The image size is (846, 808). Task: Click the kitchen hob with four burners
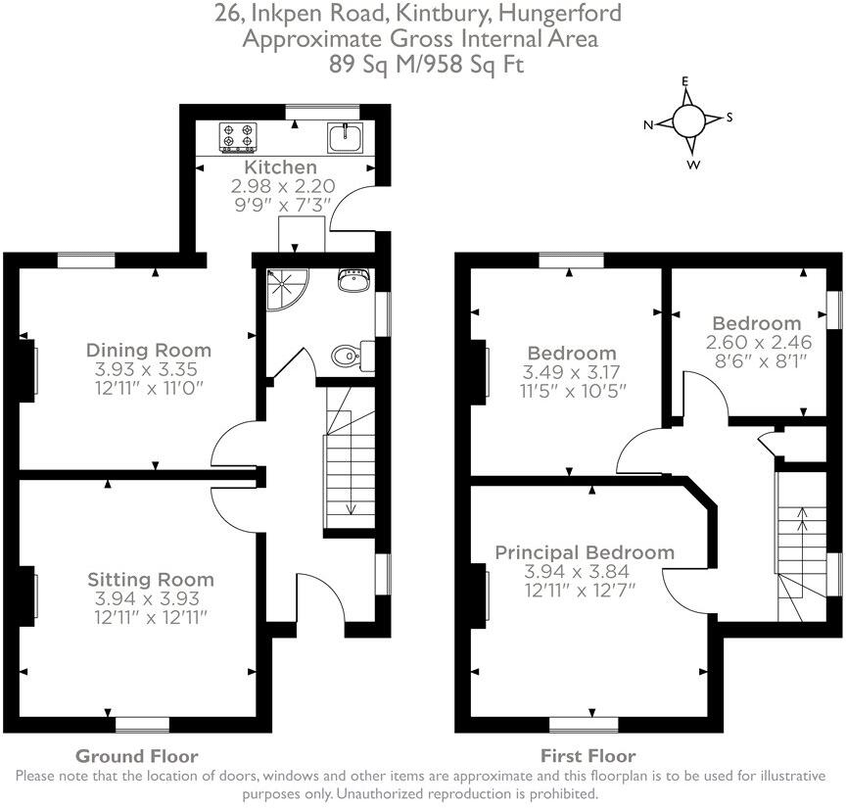(x=237, y=138)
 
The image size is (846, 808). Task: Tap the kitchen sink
(x=346, y=138)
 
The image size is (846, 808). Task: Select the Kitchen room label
(x=280, y=167)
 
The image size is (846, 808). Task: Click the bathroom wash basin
(x=352, y=282)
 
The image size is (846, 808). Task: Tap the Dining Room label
(x=148, y=350)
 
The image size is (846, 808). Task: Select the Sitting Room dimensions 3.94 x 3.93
(x=149, y=597)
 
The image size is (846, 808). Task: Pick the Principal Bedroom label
(x=584, y=552)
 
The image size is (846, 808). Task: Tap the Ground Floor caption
(x=137, y=756)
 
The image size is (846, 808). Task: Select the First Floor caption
(x=587, y=756)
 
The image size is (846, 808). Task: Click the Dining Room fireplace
(x=30, y=367)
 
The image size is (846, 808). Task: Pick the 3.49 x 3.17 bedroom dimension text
(x=572, y=372)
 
